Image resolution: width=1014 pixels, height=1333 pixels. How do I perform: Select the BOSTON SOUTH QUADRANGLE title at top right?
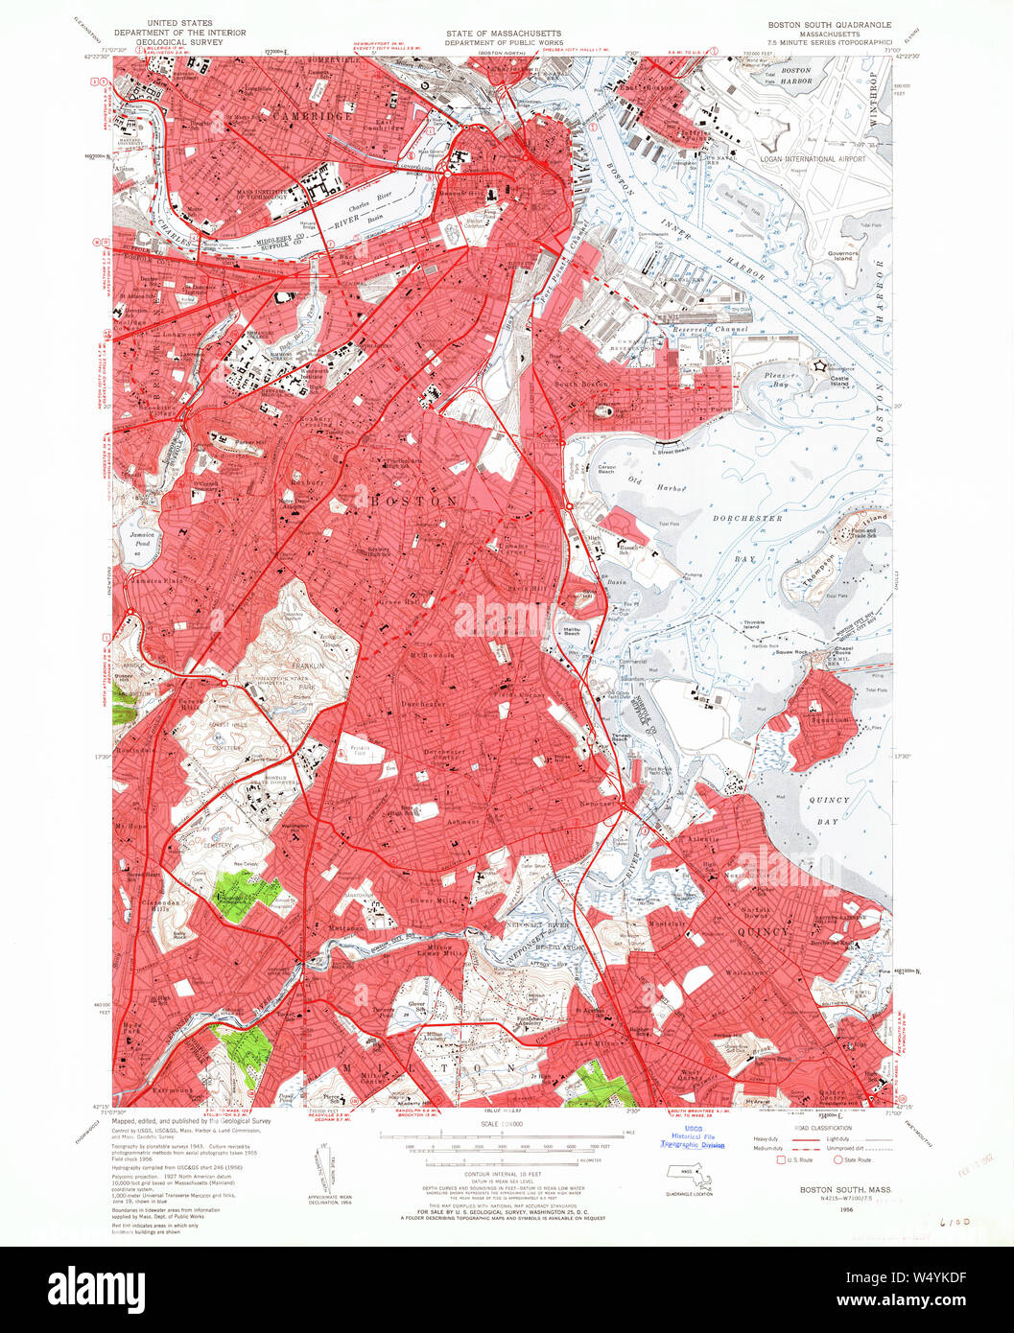[828, 24]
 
